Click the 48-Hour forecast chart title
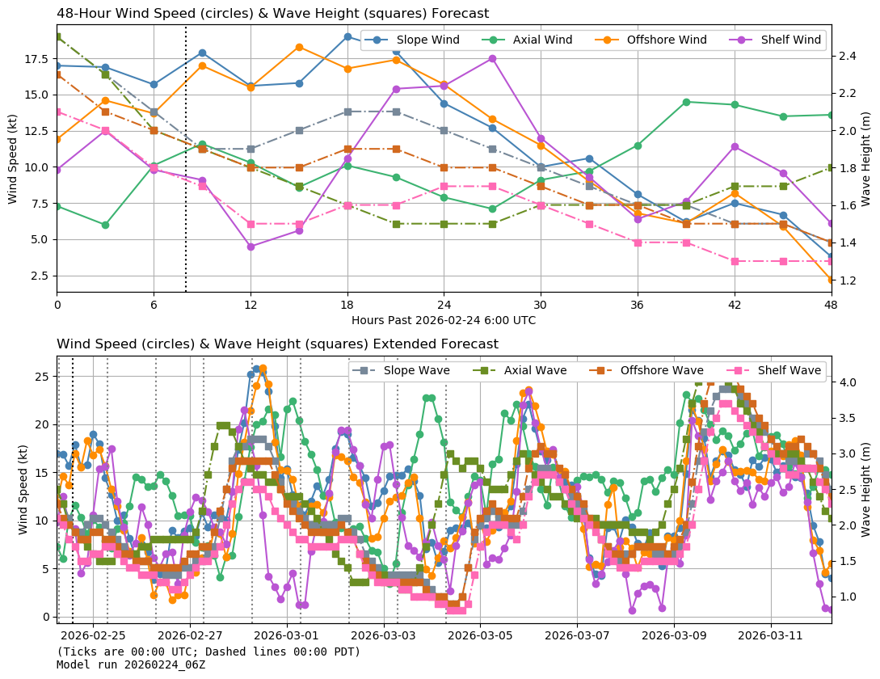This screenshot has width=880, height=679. (272, 14)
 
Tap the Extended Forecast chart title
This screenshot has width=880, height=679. (277, 344)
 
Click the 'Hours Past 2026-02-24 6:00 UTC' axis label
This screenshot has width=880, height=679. (443, 320)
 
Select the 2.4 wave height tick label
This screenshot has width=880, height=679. (847, 56)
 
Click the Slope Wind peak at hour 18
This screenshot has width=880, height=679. (347, 36)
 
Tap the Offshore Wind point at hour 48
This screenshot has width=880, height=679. (831, 280)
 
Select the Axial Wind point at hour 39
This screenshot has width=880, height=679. (686, 102)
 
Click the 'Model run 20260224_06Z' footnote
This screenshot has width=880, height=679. (130, 664)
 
